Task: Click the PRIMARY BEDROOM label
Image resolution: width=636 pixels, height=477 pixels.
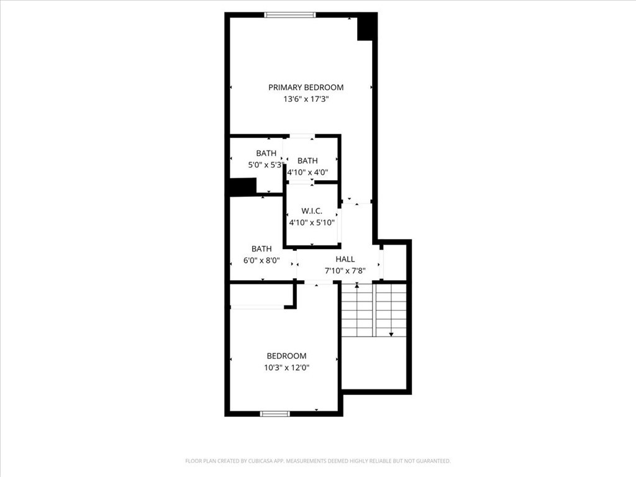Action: point(306,87)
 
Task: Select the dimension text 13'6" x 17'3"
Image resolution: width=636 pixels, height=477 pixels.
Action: point(306,99)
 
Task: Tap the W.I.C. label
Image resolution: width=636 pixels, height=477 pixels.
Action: point(312,211)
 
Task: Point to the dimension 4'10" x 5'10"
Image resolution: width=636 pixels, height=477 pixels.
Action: point(312,222)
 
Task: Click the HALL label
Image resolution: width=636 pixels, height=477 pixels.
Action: point(345,259)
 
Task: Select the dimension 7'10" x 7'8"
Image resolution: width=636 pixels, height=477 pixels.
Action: point(345,271)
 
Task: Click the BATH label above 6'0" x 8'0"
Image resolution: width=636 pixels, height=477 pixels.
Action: point(261,248)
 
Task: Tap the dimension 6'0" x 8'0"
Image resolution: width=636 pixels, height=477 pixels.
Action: point(261,260)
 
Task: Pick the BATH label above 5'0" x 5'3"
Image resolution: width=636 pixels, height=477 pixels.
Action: point(266,153)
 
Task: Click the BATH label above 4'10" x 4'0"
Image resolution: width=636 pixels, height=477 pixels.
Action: point(307,161)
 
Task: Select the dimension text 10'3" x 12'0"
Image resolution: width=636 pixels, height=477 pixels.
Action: point(287,368)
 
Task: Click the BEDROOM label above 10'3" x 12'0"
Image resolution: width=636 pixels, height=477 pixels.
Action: point(286,356)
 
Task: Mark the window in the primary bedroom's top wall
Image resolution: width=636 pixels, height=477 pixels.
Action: point(290,15)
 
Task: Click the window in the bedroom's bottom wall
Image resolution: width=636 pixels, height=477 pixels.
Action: point(275,414)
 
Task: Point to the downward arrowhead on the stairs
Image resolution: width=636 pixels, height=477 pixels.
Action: point(391,335)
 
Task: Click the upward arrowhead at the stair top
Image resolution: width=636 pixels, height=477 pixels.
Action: point(357,286)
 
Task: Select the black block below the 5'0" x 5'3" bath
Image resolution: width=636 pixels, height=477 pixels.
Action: point(243,186)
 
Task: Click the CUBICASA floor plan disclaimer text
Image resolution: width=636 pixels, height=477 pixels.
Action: point(318,461)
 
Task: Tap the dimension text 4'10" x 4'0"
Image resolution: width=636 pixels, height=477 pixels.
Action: point(307,173)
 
